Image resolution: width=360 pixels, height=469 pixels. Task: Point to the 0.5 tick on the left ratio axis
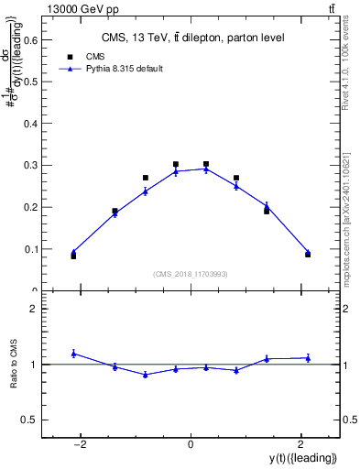coord(29,420)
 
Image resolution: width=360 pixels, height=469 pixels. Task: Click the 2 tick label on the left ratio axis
coord(33,310)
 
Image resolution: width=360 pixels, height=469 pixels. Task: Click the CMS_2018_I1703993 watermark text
coord(191,273)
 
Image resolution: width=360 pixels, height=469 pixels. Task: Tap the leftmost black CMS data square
coord(73,256)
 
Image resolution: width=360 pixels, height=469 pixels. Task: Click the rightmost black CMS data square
coord(308,254)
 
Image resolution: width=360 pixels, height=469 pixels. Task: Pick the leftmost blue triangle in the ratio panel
coord(73,353)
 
